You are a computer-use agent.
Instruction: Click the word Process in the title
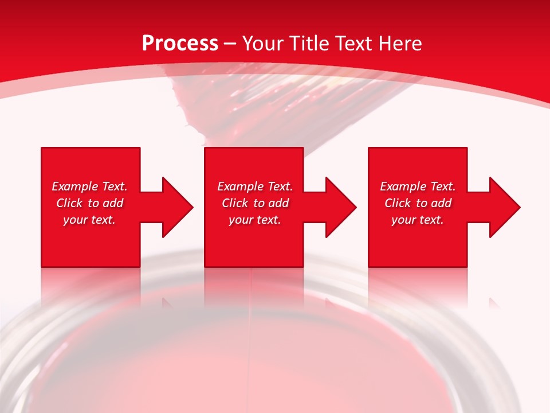tap(180, 44)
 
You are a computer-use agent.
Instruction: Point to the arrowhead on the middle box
tap(340, 207)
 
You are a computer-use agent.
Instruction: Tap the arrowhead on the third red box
tap(504, 207)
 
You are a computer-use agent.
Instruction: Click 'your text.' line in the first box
tap(89, 220)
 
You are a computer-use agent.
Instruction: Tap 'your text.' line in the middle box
tap(254, 220)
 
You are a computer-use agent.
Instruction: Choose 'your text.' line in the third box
tap(417, 220)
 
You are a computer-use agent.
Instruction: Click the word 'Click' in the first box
tap(69, 203)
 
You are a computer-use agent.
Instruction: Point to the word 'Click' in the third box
tap(398, 203)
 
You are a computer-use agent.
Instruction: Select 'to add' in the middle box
tap(271, 203)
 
